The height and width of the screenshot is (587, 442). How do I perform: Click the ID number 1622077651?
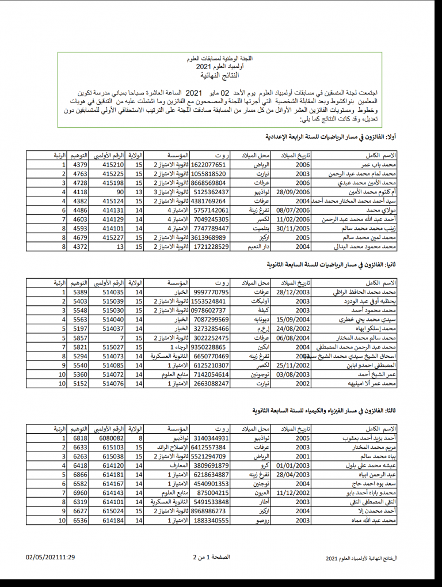(209, 164)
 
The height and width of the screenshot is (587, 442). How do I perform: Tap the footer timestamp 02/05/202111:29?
(51, 558)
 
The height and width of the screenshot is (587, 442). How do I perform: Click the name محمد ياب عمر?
(379, 164)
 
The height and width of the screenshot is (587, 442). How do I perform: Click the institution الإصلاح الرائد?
(172, 447)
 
